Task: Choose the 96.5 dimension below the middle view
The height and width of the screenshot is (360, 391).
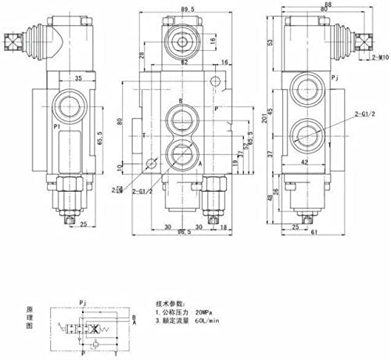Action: [x=184, y=232]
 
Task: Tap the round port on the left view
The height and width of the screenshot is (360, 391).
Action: [x=66, y=104]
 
